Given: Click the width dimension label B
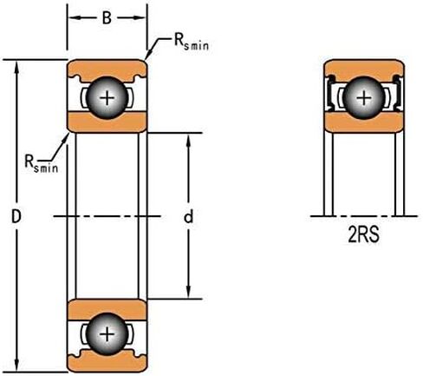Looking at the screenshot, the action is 107,18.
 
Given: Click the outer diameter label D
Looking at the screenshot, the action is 16,216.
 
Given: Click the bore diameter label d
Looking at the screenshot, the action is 188,217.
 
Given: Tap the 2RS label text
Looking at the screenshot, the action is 363,235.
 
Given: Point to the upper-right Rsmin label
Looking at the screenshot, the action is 192,43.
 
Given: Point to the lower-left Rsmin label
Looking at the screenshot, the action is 42,164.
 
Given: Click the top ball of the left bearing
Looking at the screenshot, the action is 107,98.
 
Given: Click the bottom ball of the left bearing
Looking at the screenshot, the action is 107,334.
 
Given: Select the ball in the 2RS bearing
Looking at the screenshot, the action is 364,98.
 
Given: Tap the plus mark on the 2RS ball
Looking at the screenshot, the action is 364,98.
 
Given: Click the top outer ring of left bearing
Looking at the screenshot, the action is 107,69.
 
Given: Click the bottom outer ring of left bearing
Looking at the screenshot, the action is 107,362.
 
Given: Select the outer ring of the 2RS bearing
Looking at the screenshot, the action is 364,69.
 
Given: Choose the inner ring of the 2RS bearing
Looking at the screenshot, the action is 364,123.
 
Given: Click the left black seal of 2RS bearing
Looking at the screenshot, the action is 329,93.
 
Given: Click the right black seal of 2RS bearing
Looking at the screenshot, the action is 398,93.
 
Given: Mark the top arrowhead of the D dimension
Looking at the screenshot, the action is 16,66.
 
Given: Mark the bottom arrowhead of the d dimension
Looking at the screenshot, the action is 188,293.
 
